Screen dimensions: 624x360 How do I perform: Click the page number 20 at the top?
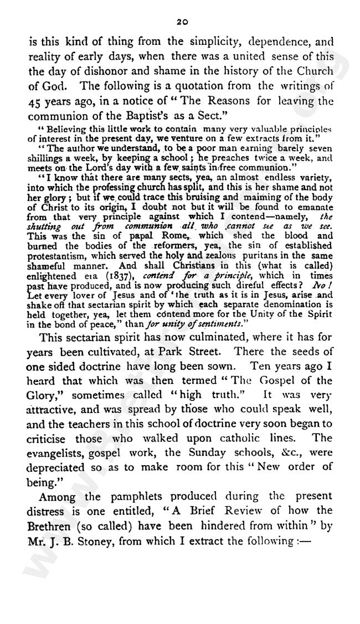(181, 22)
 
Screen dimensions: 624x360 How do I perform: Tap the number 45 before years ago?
(33, 104)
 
